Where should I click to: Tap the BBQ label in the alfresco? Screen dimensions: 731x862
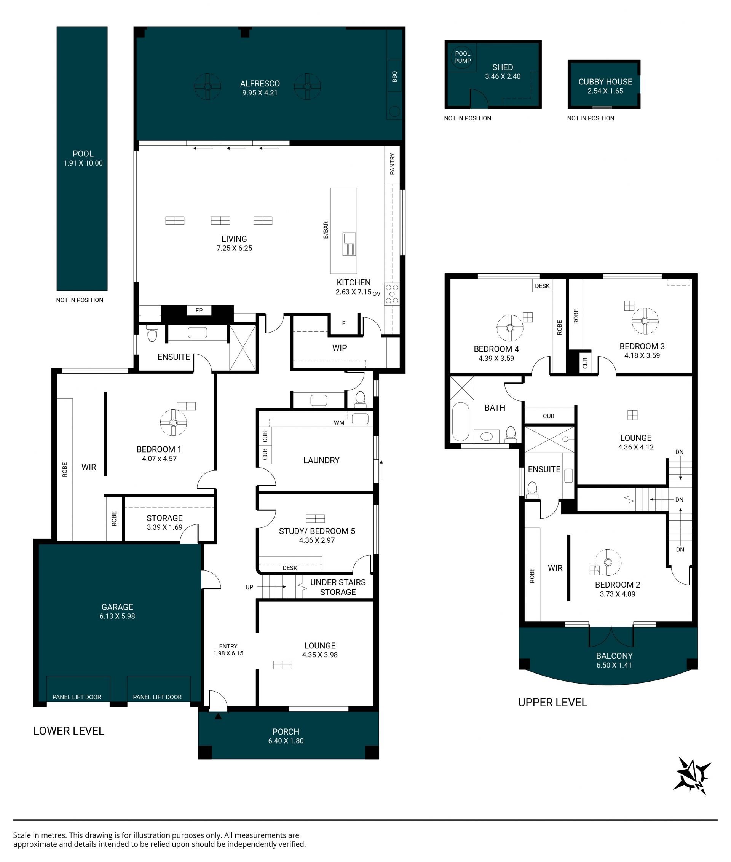point(394,76)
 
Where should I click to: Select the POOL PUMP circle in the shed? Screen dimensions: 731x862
point(463,57)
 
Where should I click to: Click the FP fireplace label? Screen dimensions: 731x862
point(199,310)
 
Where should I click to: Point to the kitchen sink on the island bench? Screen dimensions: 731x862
point(349,244)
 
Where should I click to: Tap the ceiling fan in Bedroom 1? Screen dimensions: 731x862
point(174,422)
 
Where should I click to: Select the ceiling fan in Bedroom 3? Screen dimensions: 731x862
point(645,320)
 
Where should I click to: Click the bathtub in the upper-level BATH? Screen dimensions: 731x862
point(460,421)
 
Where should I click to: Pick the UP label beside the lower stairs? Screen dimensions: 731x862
point(249,587)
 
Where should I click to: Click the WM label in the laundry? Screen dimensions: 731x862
point(339,422)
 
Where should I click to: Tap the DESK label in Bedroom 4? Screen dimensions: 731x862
point(542,286)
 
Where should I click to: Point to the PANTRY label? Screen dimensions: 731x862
point(392,164)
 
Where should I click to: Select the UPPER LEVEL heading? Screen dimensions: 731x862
point(552,702)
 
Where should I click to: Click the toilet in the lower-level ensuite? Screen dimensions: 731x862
point(152,333)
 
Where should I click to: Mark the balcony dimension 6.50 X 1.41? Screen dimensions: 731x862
point(614,665)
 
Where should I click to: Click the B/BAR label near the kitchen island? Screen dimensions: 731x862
point(326,230)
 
